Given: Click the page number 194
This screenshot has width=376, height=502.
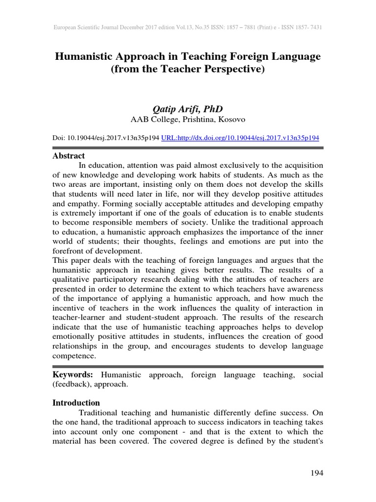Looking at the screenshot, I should (x=317, y=473).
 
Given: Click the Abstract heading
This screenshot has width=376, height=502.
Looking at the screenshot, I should (x=69, y=156).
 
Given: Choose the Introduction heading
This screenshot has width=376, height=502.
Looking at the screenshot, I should (x=76, y=402).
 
